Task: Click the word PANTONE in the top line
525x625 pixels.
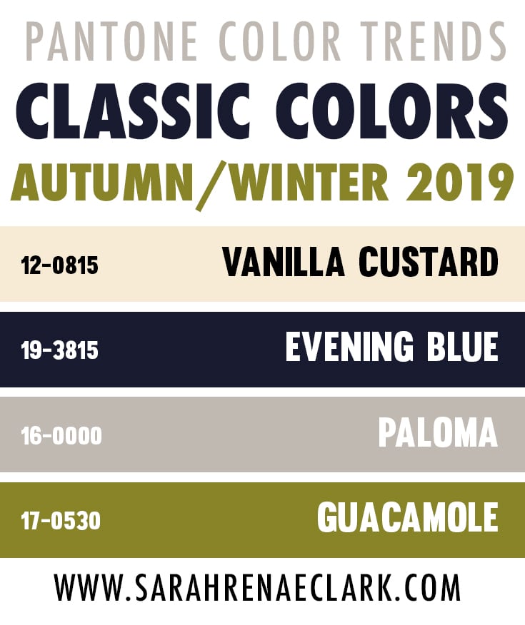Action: (112, 41)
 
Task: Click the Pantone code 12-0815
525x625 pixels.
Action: (60, 266)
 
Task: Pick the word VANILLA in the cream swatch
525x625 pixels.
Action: (284, 262)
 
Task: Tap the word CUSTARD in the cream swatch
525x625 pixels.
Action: (429, 262)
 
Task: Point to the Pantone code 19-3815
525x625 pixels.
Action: (60, 351)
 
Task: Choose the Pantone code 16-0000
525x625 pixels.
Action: (61, 436)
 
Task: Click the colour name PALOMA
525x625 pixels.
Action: (438, 432)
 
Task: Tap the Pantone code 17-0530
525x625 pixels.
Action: (61, 522)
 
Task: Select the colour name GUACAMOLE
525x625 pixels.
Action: (408, 517)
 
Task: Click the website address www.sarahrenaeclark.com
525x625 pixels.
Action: (257, 587)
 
